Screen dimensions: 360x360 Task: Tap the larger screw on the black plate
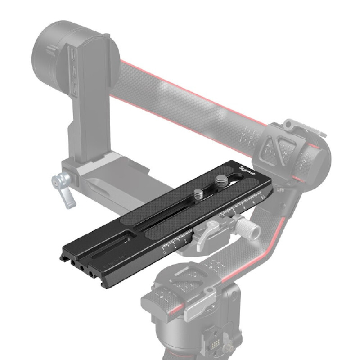click(220, 181)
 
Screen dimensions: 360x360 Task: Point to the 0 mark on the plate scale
click(164, 254)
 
